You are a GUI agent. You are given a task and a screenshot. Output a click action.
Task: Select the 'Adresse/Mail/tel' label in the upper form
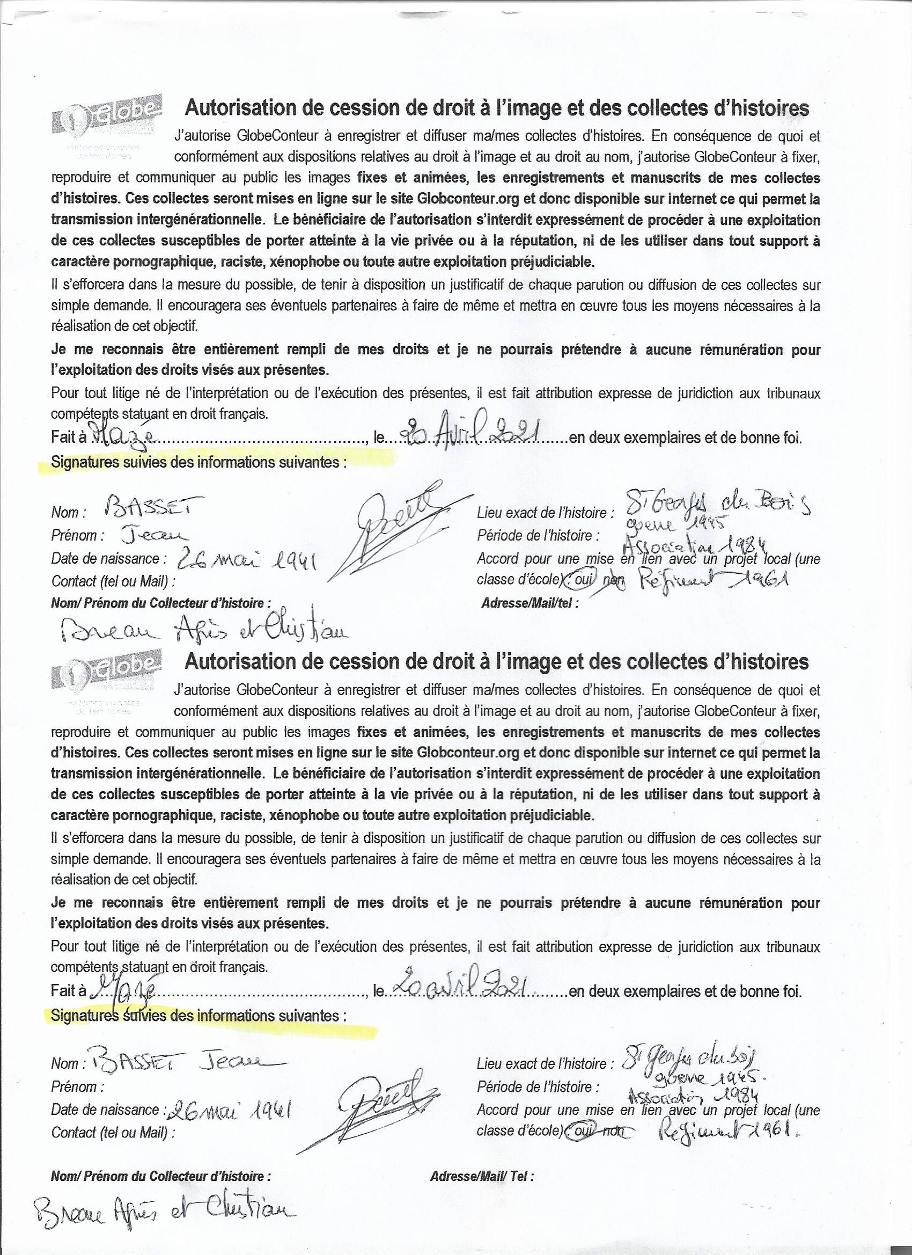(531, 603)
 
